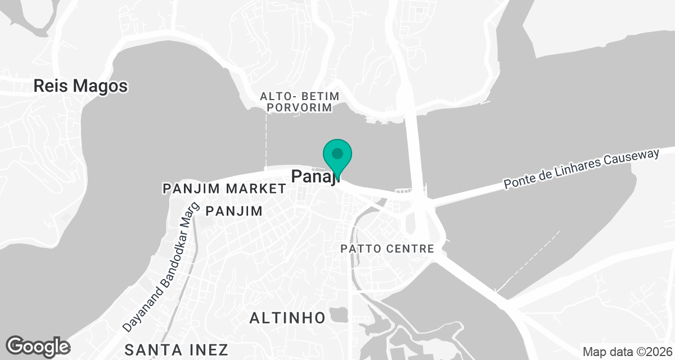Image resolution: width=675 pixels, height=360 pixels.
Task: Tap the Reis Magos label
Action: (80, 86)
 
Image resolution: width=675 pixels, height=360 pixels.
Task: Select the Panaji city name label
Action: (316, 177)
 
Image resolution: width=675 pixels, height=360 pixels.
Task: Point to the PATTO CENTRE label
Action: (388, 249)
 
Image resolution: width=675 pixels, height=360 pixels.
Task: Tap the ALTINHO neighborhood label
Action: (287, 318)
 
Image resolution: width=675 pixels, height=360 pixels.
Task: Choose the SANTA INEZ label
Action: (177, 349)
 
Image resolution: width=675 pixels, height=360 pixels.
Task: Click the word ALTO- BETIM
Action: (300, 96)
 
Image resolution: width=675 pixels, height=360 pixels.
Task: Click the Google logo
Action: (38, 346)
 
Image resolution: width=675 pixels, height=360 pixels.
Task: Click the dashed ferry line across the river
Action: (265, 141)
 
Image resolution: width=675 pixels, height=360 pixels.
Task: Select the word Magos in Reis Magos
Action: (103, 86)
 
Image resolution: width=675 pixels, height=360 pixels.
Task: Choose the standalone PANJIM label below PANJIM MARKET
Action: (234, 211)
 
